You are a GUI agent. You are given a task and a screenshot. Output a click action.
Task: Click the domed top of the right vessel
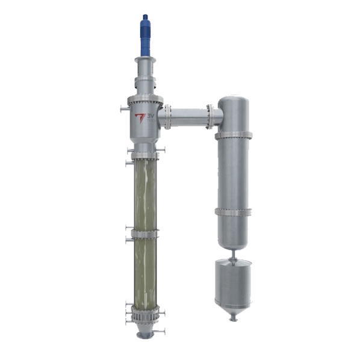(x=233, y=101)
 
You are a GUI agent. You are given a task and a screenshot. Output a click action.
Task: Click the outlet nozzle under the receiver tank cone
(x=233, y=317)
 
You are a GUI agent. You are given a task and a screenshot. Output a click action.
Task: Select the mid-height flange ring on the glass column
(x=144, y=234)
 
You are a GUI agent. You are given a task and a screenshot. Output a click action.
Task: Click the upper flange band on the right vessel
(x=233, y=135)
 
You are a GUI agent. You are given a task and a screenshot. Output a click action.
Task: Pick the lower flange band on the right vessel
(x=233, y=212)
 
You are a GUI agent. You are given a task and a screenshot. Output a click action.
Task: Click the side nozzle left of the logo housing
(x=124, y=110)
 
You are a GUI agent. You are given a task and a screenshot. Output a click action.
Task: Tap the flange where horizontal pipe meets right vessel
(x=209, y=116)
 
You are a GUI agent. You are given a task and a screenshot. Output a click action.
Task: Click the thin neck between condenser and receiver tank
(x=233, y=253)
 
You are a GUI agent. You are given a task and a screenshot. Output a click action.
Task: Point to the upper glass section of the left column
(x=144, y=193)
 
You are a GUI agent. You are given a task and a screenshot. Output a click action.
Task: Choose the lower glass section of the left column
(x=144, y=271)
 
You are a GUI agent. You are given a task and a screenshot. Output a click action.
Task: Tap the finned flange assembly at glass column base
(x=144, y=314)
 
